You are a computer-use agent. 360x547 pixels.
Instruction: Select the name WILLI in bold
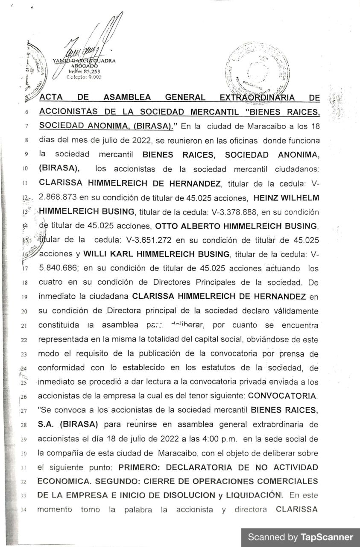pos(94,254)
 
